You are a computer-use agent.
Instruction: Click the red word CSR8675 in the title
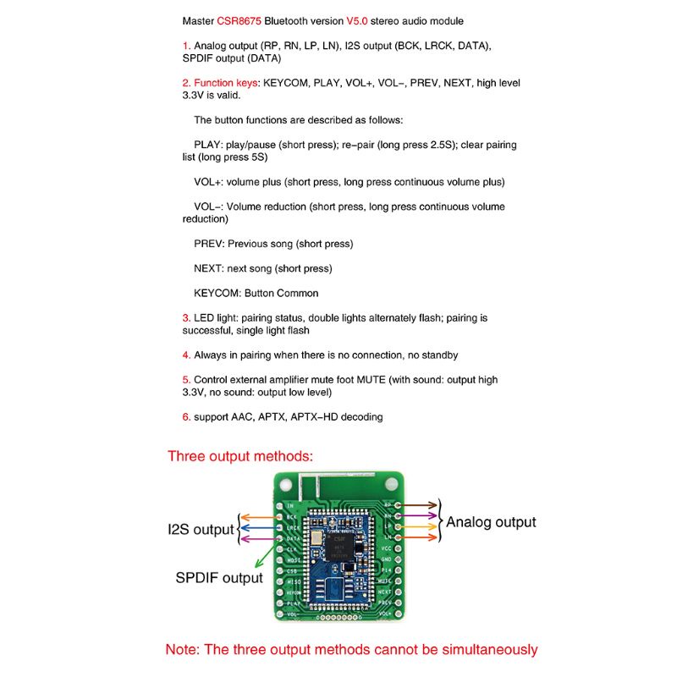(x=240, y=20)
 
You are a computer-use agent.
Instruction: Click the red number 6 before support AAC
(x=185, y=416)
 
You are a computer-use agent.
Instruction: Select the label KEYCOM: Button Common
(x=256, y=293)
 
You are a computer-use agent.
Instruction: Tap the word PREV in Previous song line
(x=208, y=244)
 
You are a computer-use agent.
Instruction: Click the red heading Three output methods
(x=240, y=456)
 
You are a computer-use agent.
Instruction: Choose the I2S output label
(x=200, y=530)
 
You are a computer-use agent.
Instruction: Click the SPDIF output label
(x=219, y=578)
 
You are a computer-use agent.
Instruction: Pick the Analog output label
(x=491, y=522)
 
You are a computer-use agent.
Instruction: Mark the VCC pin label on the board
(x=387, y=548)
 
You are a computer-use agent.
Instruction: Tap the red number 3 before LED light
(x=185, y=318)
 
